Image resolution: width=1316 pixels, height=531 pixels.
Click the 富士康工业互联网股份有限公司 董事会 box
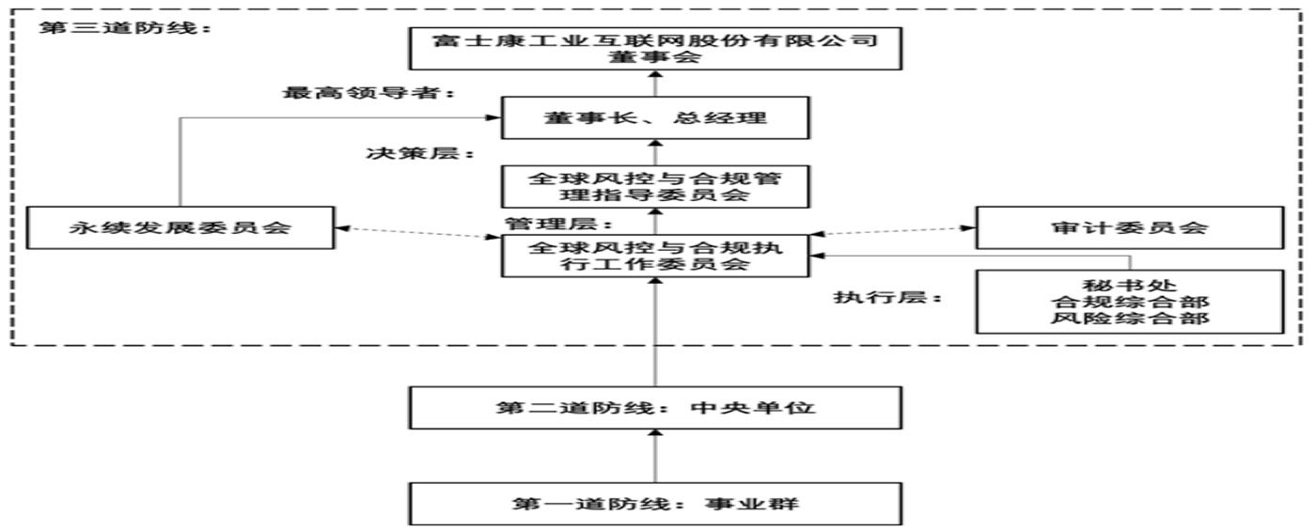[x=655, y=49]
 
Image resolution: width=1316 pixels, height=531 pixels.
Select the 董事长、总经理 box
[x=655, y=118]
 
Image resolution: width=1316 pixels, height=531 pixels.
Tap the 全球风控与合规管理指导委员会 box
[x=655, y=186]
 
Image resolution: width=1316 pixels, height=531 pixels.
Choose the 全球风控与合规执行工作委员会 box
[x=655, y=256]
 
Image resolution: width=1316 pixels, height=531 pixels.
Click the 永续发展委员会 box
[x=180, y=228]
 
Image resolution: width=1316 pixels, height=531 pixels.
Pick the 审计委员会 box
[x=1129, y=228]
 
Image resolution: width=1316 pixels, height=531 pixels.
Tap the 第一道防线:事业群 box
[x=655, y=504]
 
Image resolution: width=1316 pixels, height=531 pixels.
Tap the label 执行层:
[x=888, y=298]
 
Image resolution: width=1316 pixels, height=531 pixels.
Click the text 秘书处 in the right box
[x=1129, y=285]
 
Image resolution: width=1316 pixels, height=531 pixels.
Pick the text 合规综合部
[x=1129, y=302]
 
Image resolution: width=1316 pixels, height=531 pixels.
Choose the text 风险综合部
[x=1129, y=320]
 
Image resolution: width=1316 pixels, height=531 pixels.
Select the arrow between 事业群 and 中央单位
[x=655, y=455]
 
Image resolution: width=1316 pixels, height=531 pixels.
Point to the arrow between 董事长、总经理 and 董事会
[x=655, y=85]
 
